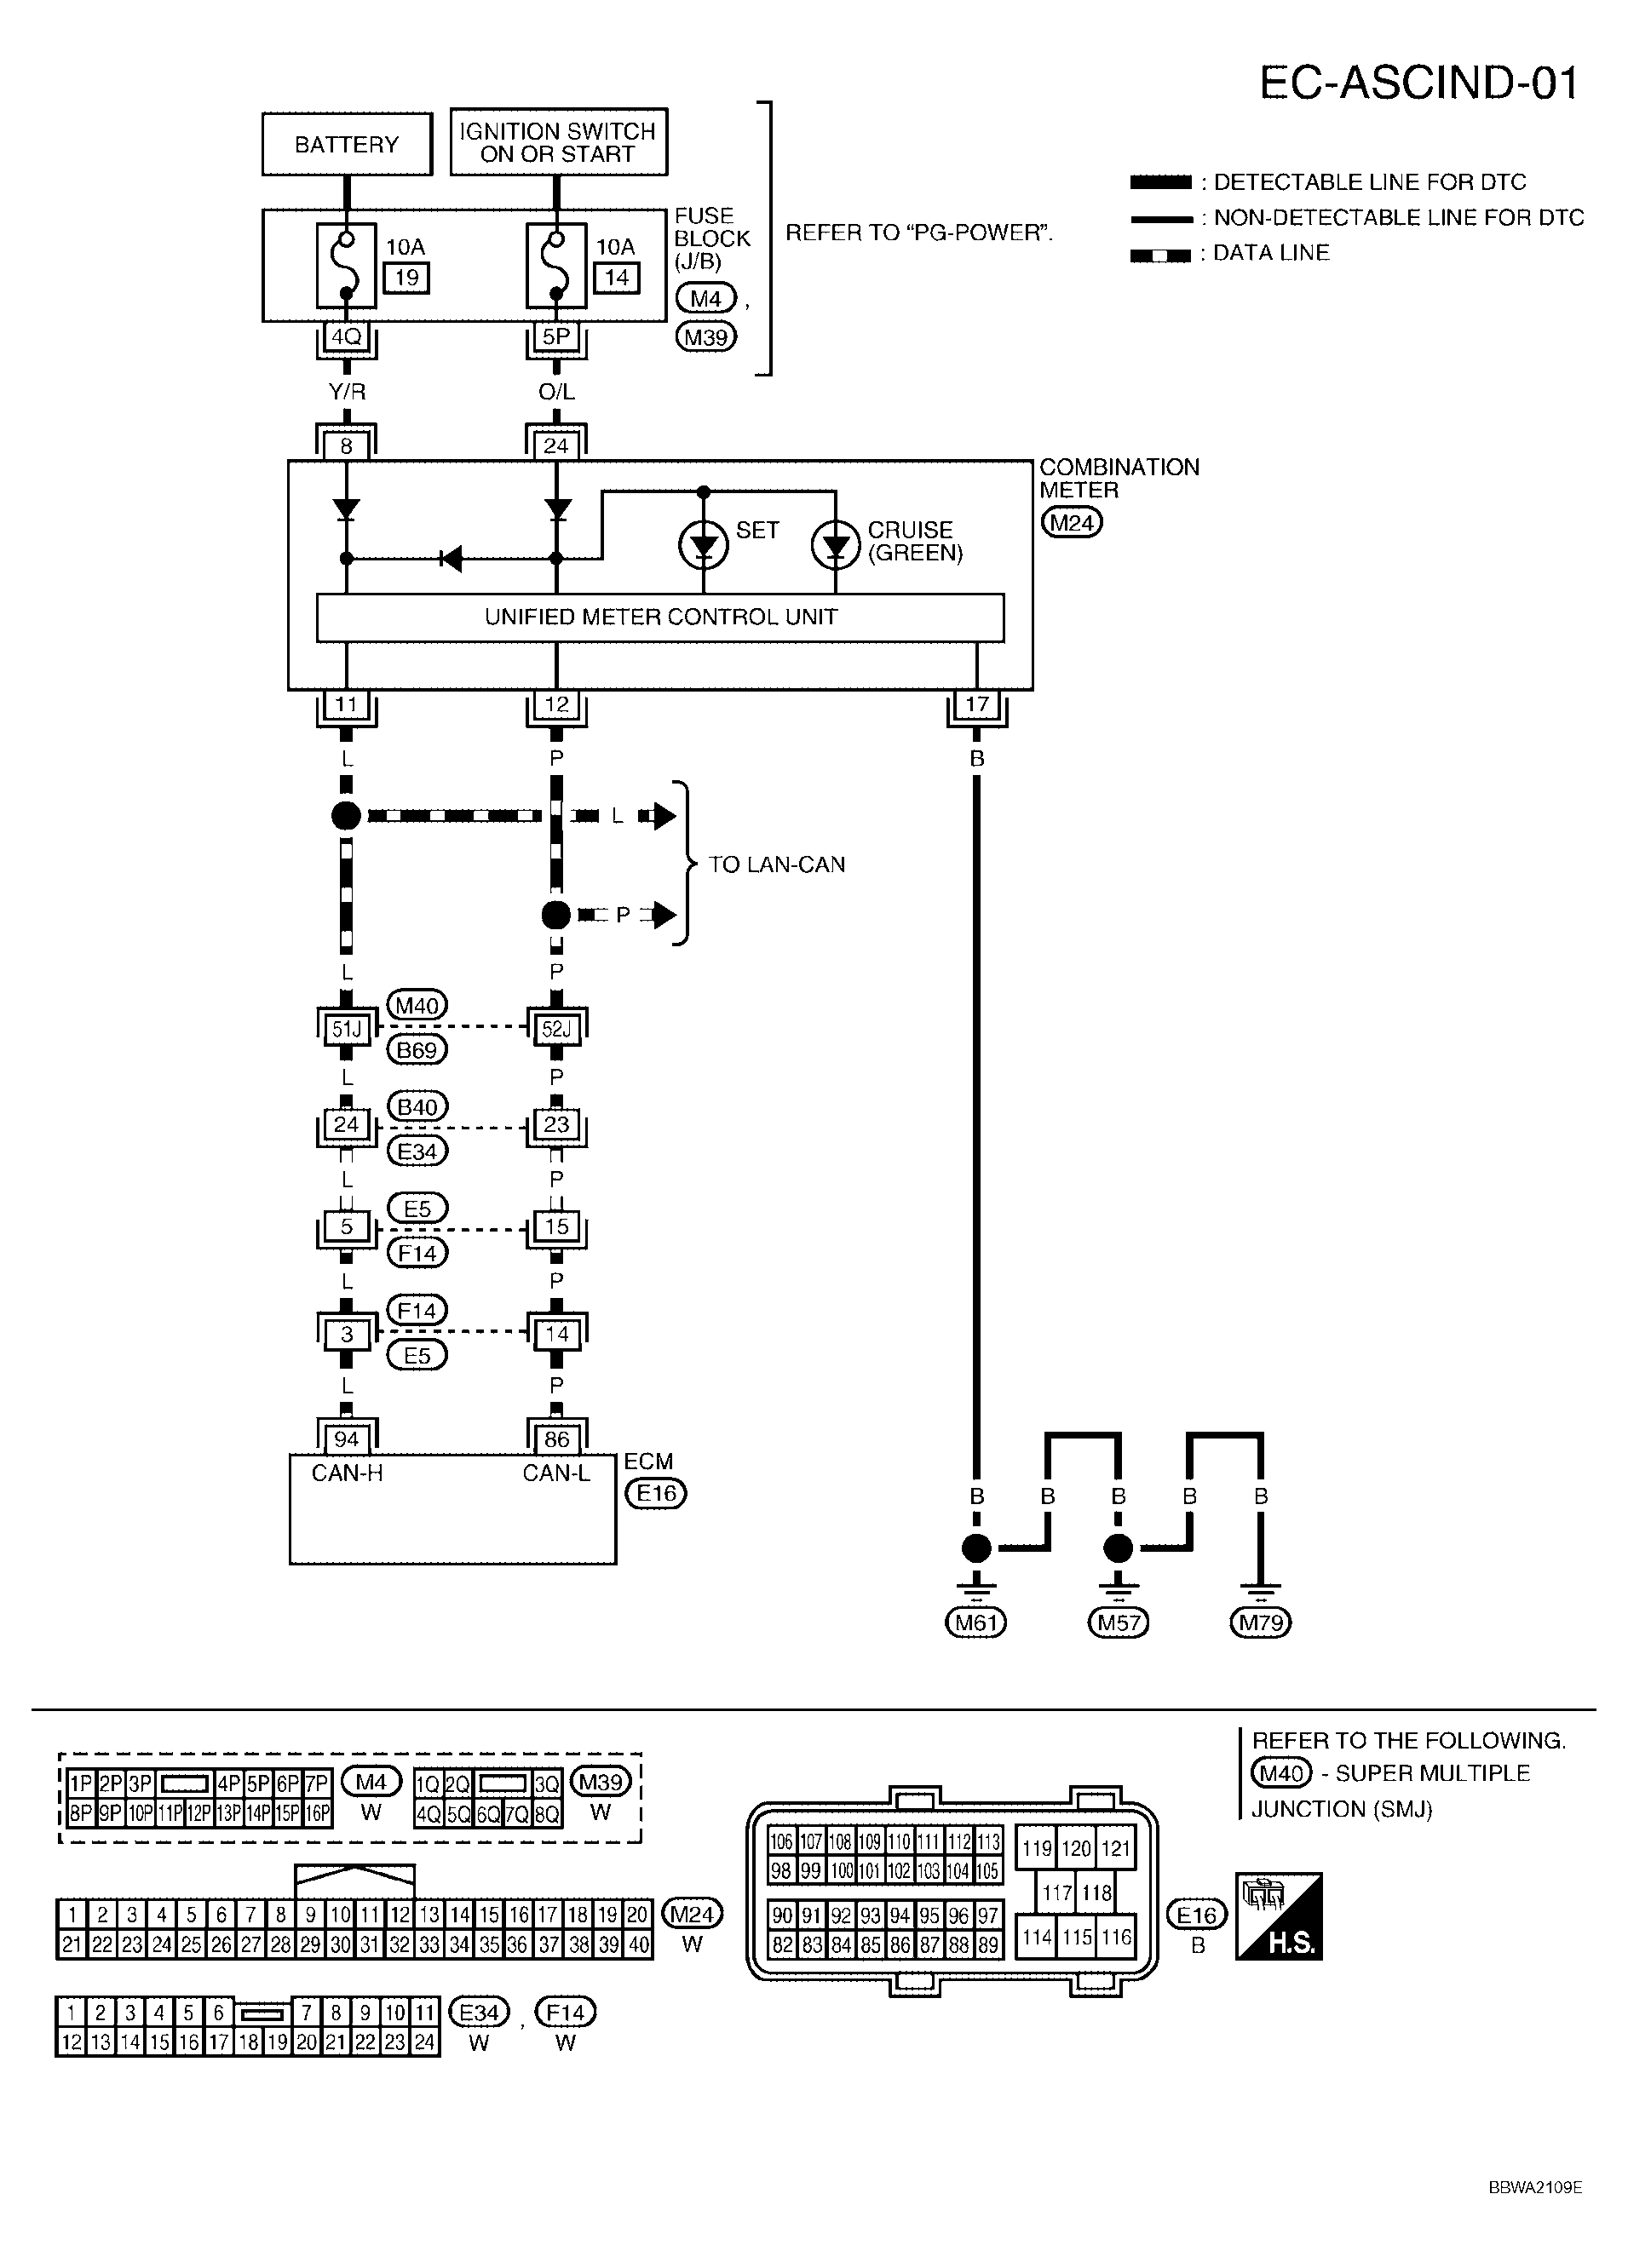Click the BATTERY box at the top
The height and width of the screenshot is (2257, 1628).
pos(346,144)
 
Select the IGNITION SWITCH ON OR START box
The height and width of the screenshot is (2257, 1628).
pos(557,142)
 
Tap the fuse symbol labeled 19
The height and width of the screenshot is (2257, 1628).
pos(346,266)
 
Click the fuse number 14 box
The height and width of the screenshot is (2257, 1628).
pos(616,278)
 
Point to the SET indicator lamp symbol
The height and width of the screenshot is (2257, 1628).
pos(704,544)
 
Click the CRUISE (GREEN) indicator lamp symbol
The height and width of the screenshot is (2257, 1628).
pos(836,544)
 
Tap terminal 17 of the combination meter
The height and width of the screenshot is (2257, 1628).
pos(976,704)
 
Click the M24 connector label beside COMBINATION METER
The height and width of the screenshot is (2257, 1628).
pos(1072,522)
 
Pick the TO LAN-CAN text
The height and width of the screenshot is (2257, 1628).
pos(776,864)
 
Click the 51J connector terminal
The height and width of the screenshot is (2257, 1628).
pos(346,1029)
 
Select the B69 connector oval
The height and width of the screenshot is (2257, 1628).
pos(417,1050)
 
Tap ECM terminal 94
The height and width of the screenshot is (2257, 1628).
pos(346,1439)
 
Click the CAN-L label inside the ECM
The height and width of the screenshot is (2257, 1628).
pos(556,1473)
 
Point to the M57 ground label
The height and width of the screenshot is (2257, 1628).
pos(1118,1623)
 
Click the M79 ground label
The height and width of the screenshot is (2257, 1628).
pos(1260,1623)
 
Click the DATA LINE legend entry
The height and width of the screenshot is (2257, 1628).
pos(1269,253)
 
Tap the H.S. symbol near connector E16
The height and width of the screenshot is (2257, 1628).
pos(1279,1915)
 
